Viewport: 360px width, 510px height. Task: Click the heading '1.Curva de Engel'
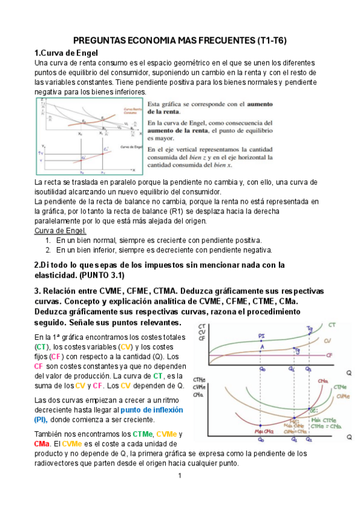(63, 53)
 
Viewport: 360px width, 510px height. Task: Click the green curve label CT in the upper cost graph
(332, 325)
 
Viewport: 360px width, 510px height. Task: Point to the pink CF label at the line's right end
(329, 355)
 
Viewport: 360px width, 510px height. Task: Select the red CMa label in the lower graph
(322, 381)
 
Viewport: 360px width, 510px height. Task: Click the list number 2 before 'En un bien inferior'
(47, 250)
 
